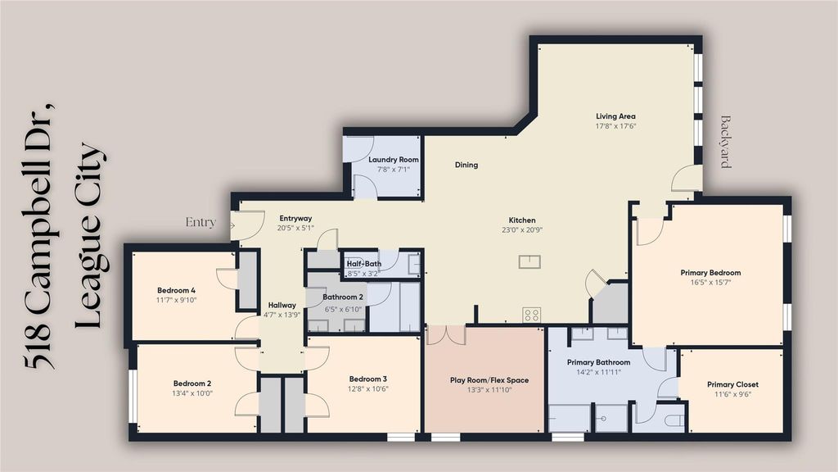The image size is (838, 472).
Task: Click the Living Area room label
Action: [615, 116]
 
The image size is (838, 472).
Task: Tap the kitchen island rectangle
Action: [529, 261]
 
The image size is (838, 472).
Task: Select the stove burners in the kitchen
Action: [531, 315]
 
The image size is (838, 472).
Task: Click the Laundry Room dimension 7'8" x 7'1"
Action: [394, 170]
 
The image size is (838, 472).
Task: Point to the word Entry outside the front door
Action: [200, 222]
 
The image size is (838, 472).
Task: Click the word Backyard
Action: [725, 142]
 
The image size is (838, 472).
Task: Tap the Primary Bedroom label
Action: [710, 272]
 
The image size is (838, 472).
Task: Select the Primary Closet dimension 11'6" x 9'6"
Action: [732, 394]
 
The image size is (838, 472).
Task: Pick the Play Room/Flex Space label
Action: [489, 380]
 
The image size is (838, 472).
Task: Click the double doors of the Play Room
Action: [446, 334]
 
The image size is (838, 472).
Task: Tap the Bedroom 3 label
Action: [368, 379]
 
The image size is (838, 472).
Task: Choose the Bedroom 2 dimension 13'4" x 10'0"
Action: [192, 393]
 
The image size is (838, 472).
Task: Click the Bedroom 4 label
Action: [177, 291]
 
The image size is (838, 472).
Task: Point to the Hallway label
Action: [282, 305]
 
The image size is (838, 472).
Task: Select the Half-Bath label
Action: [364, 263]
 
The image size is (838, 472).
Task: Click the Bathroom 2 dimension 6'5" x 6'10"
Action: [343, 309]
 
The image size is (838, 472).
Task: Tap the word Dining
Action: [466, 165]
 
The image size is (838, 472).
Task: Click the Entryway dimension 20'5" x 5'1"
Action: [295, 228]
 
